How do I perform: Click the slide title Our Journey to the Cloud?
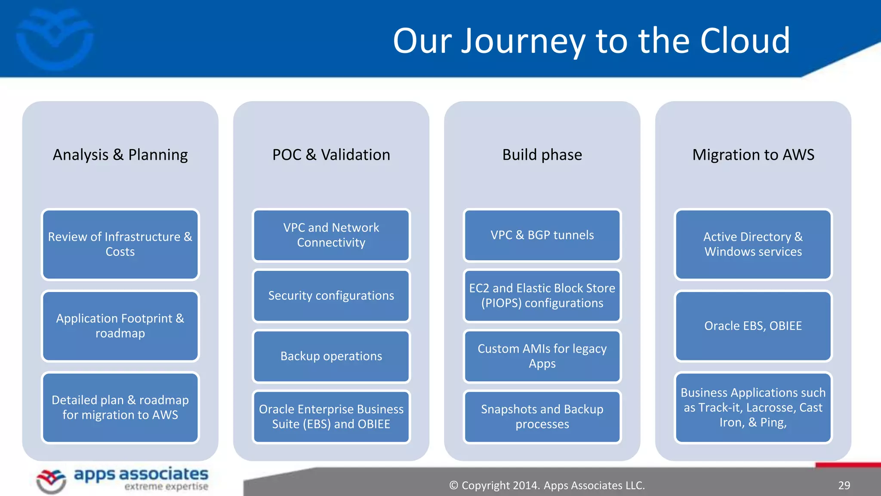[x=591, y=41]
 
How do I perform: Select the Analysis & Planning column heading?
[x=120, y=155]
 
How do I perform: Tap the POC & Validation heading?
[x=331, y=155]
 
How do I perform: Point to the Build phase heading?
[x=542, y=155]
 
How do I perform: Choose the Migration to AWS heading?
[x=753, y=155]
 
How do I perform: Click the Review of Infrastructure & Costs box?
[x=120, y=244]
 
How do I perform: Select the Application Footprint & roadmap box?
[x=120, y=325]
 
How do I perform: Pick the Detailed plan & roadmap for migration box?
[x=120, y=407]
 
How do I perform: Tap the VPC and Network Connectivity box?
[x=331, y=235]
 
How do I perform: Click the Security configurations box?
[x=331, y=296]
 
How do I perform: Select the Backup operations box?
[x=331, y=356]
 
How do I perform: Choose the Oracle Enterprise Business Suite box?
[x=331, y=416]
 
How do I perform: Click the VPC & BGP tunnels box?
[x=542, y=235]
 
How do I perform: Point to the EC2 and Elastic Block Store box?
[x=542, y=296]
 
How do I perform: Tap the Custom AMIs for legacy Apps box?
[x=542, y=356]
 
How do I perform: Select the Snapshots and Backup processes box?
[x=542, y=416]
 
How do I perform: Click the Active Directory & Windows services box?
[x=753, y=244]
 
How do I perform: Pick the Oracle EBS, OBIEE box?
[x=753, y=326]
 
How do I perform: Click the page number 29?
[x=844, y=486]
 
